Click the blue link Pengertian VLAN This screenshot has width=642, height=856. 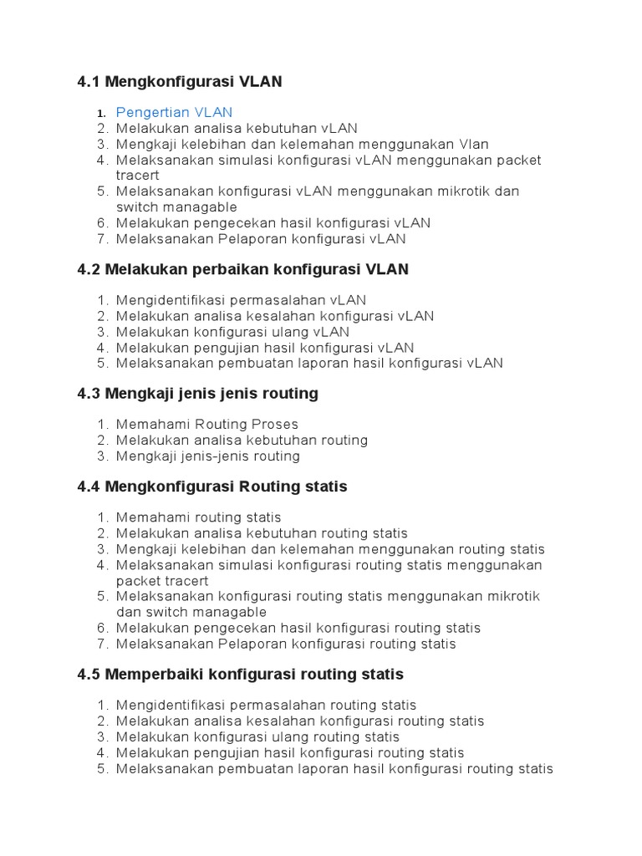pyautogui.click(x=174, y=112)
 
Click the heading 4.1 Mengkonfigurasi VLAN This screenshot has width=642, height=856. pyautogui.click(x=179, y=81)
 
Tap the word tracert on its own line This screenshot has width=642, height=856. pyautogui.click(x=137, y=176)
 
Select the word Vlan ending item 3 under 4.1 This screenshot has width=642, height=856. pyautogui.click(x=473, y=144)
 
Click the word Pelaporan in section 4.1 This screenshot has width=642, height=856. pyautogui.click(x=256, y=239)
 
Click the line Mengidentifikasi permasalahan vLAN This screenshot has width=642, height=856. pyautogui.click(x=241, y=300)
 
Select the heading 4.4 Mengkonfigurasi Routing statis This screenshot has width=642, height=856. pyautogui.click(x=211, y=486)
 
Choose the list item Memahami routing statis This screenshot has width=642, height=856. pyautogui.click(x=198, y=517)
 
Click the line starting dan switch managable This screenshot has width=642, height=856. pyautogui.click(x=191, y=612)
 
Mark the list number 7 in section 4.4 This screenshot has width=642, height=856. pyautogui.click(x=103, y=644)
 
